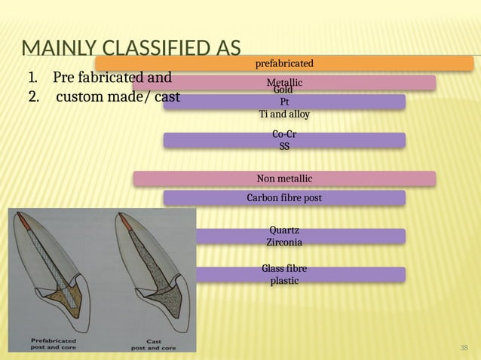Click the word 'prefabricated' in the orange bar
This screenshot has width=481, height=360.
coord(284,63)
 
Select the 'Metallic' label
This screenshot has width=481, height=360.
coord(284,81)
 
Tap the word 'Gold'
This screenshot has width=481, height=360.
coord(284,90)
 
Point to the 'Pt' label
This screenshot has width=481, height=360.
coord(284,102)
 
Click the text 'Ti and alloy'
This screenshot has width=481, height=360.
coord(284,114)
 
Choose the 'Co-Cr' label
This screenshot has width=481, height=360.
coord(284,135)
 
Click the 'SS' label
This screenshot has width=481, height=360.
coord(284,146)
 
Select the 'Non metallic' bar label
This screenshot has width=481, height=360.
coord(284,178)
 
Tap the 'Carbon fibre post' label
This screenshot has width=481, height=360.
coord(284,198)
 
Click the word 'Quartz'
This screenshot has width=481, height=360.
coord(284,230)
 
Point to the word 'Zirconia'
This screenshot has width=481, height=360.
coord(284,243)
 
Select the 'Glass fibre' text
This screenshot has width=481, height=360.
coord(284,269)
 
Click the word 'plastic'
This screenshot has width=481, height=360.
coord(284,281)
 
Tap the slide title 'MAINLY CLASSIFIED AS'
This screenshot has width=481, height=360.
coord(131,50)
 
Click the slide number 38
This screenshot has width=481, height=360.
coord(464,347)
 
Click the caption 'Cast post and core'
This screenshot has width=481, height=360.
coord(154,344)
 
